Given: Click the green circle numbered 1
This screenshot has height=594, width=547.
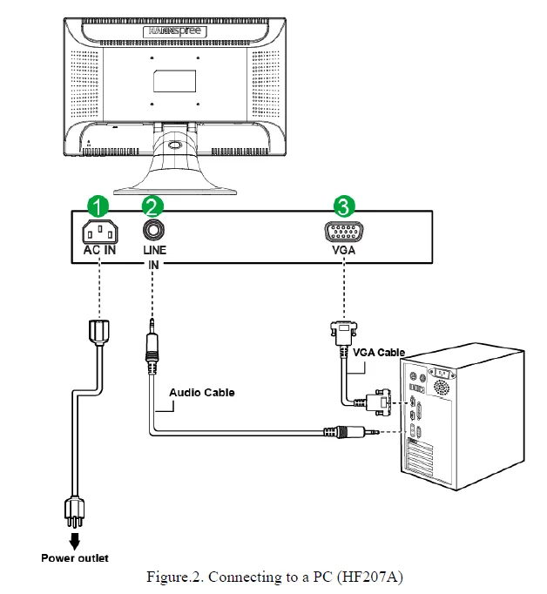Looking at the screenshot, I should point(99,207).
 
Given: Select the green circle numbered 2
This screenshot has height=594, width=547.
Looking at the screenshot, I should point(152,207).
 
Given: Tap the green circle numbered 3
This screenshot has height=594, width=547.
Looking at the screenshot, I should point(343,207).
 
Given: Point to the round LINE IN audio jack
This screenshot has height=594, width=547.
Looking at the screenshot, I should point(153,231).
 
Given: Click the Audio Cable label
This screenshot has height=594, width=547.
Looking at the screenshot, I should point(201,393).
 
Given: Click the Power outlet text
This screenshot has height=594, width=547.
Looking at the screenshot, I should point(75,557).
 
